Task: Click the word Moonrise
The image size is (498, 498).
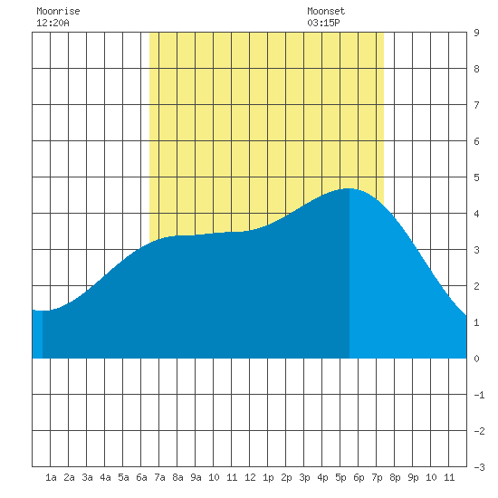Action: click(x=58, y=12)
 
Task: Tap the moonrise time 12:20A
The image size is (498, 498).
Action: click(x=53, y=23)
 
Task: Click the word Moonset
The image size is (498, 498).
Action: click(x=326, y=12)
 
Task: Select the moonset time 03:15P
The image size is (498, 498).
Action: click(x=323, y=23)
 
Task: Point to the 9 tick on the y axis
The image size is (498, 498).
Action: click(x=476, y=33)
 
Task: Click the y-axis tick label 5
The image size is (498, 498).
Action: click(x=476, y=177)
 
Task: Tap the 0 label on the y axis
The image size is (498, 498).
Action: click(x=476, y=359)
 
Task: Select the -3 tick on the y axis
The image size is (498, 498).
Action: click(x=479, y=467)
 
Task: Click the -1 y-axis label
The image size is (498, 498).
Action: click(x=479, y=395)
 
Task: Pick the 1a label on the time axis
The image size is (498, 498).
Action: click(x=51, y=477)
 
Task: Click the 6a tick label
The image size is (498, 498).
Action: click(x=141, y=477)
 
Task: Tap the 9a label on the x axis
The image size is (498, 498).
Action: click(x=196, y=477)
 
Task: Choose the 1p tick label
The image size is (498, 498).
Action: click(x=268, y=477)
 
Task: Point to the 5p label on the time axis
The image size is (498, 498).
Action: click(x=340, y=477)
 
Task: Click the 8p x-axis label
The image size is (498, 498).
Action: click(x=395, y=477)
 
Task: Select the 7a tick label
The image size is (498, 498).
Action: click(x=159, y=477)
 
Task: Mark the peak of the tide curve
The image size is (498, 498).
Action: click(x=349, y=188)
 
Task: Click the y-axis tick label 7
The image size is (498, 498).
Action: click(x=476, y=105)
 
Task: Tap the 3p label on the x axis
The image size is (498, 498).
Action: click(x=304, y=477)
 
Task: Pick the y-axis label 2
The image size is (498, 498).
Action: click(x=476, y=286)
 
